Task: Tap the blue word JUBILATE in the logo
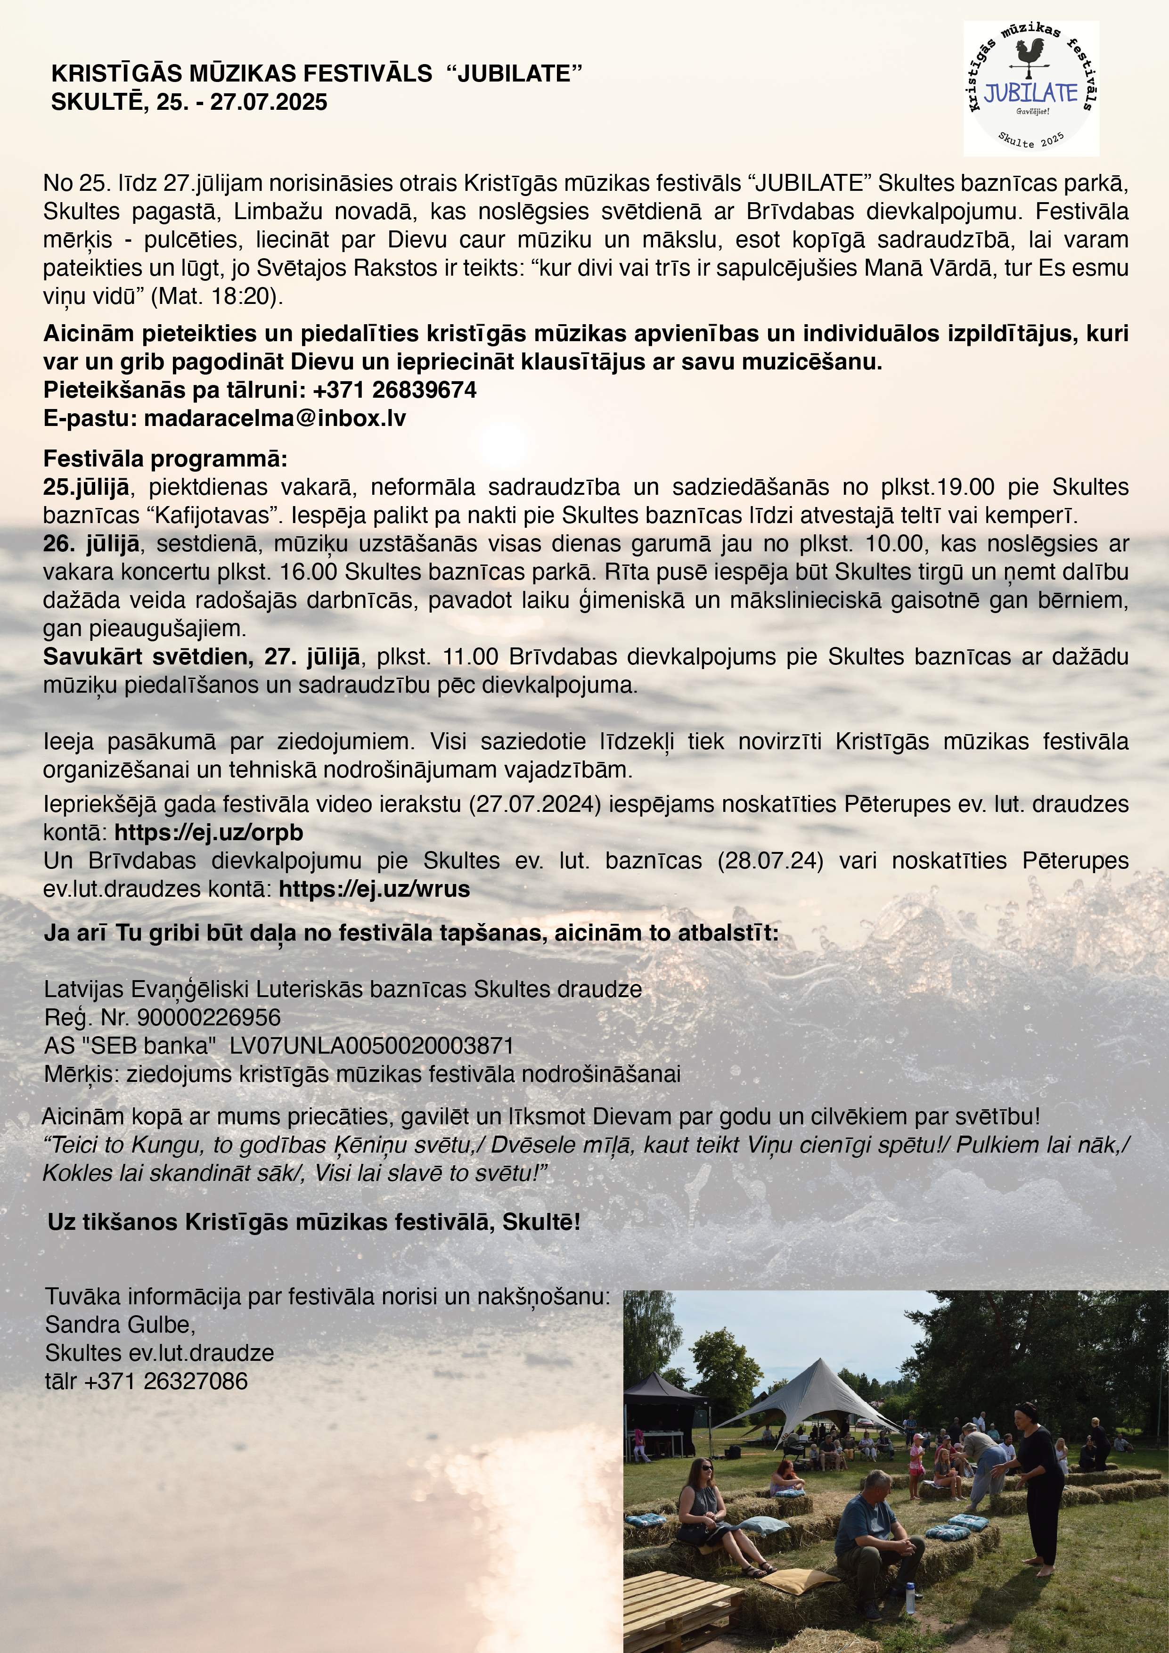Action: [1031, 93]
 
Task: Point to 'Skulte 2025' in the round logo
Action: [1031, 139]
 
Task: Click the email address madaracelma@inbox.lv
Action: [275, 419]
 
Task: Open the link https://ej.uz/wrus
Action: [374, 889]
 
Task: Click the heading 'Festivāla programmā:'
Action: [165, 458]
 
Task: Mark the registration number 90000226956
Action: [209, 1017]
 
